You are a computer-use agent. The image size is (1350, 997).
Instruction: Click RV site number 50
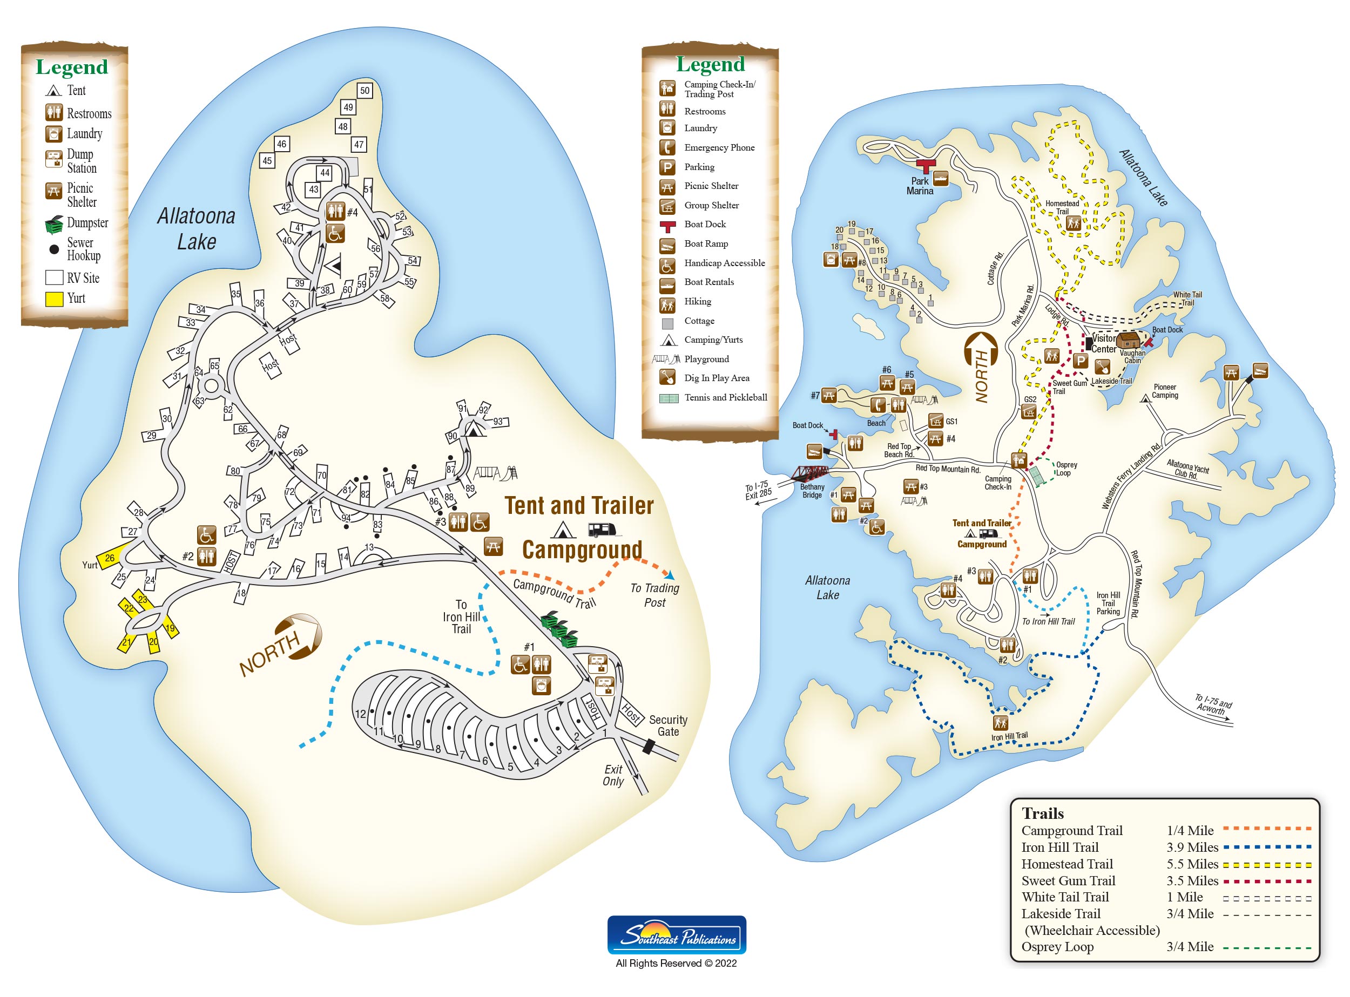[364, 91]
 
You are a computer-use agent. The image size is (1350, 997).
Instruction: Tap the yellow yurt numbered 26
[110, 558]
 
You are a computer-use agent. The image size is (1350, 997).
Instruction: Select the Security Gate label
[668, 725]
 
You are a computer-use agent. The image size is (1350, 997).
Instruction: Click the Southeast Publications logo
[676, 935]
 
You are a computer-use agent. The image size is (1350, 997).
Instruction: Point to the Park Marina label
[920, 186]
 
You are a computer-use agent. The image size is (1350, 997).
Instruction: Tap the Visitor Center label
[1104, 344]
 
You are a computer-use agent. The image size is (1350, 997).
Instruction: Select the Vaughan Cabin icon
[1128, 341]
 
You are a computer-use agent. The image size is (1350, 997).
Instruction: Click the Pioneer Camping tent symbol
[1144, 399]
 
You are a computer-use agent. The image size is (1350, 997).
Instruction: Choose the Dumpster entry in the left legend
[77, 223]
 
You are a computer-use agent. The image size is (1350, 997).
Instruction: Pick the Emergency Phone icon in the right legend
[667, 147]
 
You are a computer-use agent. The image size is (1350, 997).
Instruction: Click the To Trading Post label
[654, 595]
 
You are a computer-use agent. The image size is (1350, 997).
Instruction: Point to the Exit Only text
[613, 776]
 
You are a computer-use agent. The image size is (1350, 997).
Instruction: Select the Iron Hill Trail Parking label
[1108, 603]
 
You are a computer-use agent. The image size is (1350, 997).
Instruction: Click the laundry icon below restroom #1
[541, 686]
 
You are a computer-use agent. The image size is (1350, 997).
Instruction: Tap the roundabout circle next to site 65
[211, 385]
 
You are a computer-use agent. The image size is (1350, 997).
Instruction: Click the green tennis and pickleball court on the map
[1037, 476]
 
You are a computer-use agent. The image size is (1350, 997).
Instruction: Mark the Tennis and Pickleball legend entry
[713, 398]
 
